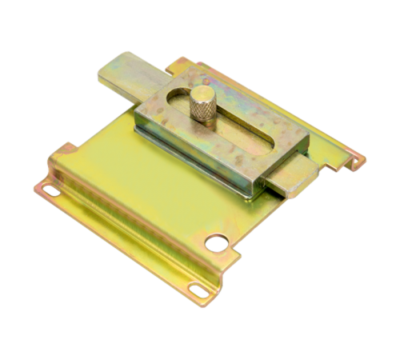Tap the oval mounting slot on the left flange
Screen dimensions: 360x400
[50, 191]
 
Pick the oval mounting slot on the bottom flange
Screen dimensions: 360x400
[196, 287]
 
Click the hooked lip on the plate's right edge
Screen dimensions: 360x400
[352, 160]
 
